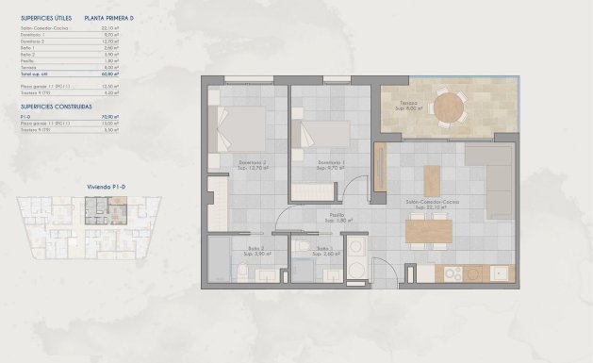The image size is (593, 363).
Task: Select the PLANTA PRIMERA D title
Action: (x=109, y=18)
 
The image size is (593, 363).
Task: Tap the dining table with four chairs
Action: (x=429, y=230)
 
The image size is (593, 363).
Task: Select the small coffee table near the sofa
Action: (x=431, y=179)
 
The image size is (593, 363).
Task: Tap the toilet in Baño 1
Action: (x=302, y=248)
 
